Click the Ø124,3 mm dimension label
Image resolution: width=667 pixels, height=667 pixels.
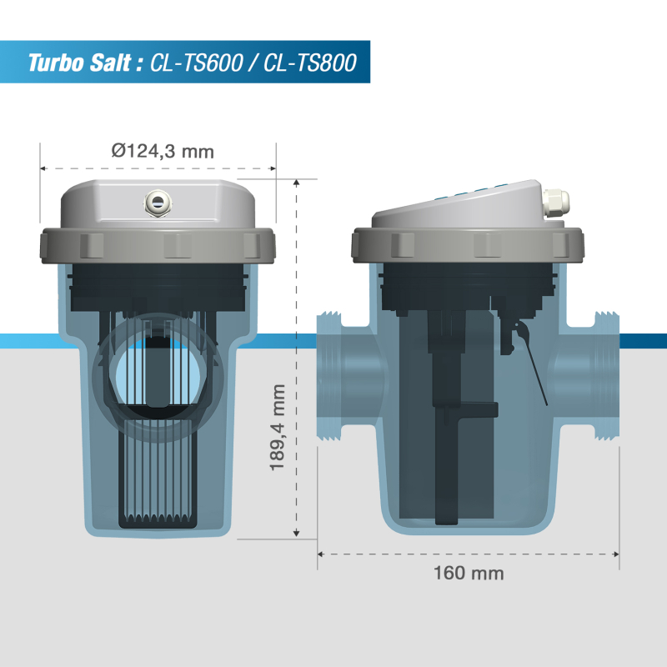(163, 151)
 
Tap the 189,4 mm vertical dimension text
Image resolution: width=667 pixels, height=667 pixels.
(278, 427)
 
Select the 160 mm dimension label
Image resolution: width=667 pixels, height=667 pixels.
(469, 573)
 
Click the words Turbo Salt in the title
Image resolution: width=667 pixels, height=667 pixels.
(79, 63)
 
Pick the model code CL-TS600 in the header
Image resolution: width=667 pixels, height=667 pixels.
(196, 63)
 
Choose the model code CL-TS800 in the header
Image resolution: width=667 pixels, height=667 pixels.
(309, 63)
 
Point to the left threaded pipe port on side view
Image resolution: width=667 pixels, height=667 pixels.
(329, 377)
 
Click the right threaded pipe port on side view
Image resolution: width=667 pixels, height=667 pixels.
(607, 376)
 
